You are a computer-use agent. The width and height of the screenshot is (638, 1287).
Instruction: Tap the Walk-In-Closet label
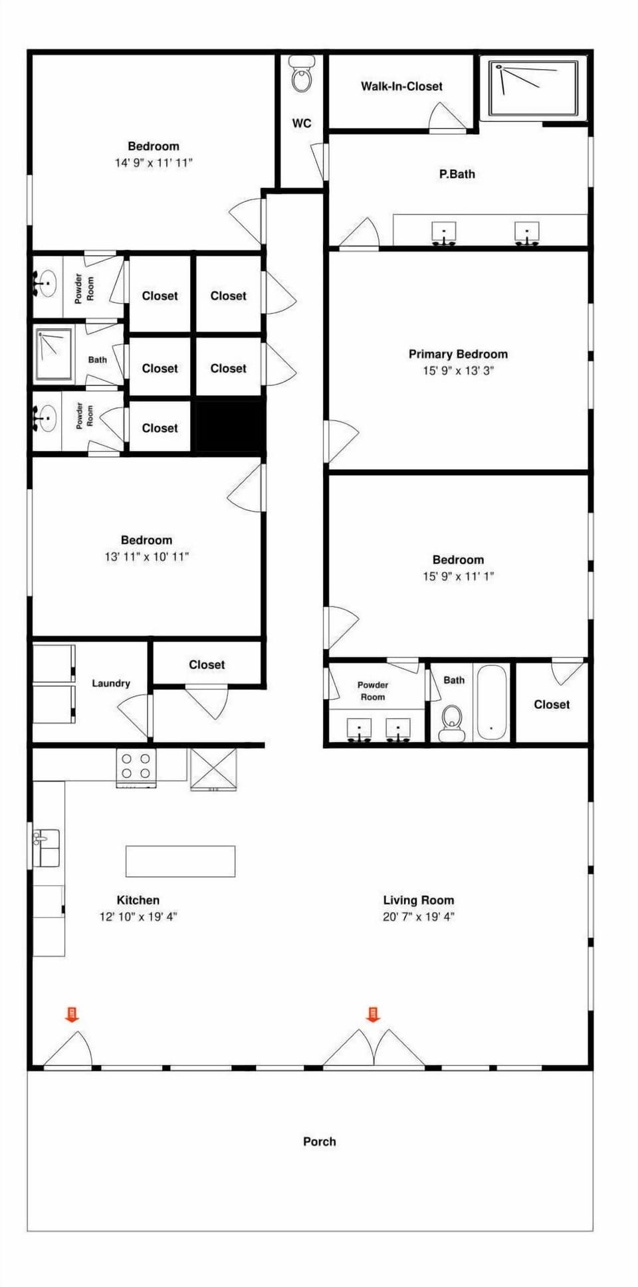401,86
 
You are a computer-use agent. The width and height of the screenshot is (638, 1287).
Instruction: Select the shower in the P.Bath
533,88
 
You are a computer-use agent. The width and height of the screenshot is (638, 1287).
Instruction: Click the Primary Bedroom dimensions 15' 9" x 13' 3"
458,371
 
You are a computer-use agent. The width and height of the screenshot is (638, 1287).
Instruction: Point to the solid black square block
229,426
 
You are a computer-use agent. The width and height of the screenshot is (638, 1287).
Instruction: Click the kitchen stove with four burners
136,767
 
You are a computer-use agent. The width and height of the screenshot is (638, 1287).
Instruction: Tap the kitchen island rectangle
180,861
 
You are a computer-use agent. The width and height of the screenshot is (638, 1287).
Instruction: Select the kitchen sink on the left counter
47,847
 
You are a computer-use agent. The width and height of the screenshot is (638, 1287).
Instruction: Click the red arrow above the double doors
373,1014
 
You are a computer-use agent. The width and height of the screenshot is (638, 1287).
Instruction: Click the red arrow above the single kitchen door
72,1014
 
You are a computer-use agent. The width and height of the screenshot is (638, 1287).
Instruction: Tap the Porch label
319,1141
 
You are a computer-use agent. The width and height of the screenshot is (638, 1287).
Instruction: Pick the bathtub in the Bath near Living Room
492,703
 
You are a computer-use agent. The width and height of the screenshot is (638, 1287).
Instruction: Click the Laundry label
110,683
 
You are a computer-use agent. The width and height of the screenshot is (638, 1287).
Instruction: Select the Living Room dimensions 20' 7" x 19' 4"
418,917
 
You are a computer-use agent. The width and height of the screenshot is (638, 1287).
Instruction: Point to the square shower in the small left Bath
53,354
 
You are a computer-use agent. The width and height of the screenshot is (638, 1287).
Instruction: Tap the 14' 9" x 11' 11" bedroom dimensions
154,163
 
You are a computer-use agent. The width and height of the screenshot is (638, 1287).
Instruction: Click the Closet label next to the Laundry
207,664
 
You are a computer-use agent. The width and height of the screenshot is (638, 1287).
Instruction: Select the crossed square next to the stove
213,769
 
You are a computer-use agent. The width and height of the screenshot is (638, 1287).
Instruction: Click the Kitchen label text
138,900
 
